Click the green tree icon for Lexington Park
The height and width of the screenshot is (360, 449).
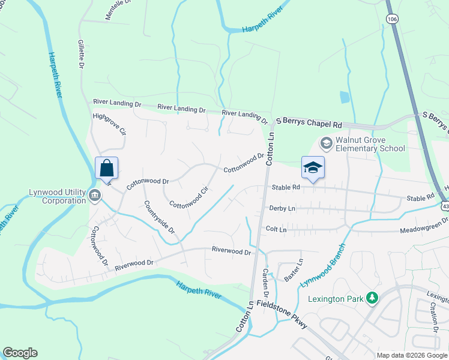point(372,298)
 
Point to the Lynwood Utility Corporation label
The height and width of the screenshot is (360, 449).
point(58,196)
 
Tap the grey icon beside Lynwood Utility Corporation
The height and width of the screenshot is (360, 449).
point(95,196)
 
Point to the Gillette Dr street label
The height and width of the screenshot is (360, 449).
point(80,55)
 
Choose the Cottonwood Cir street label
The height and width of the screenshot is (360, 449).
point(188,196)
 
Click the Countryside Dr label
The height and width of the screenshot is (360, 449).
point(159,217)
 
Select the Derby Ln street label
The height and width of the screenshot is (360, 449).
point(283,208)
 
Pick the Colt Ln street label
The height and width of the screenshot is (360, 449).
point(276,229)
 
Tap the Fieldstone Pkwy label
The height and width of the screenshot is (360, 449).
point(282,316)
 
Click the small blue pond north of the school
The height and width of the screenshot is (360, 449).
point(344,97)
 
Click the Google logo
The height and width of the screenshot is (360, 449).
point(20,353)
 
